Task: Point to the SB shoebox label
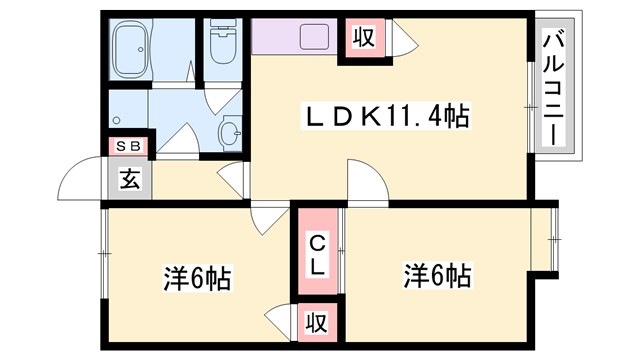129,146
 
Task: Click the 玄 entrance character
130,180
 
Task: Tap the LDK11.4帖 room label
386,117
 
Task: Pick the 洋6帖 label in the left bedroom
196,277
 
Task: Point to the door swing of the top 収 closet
402,41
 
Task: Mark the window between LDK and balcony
531,100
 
